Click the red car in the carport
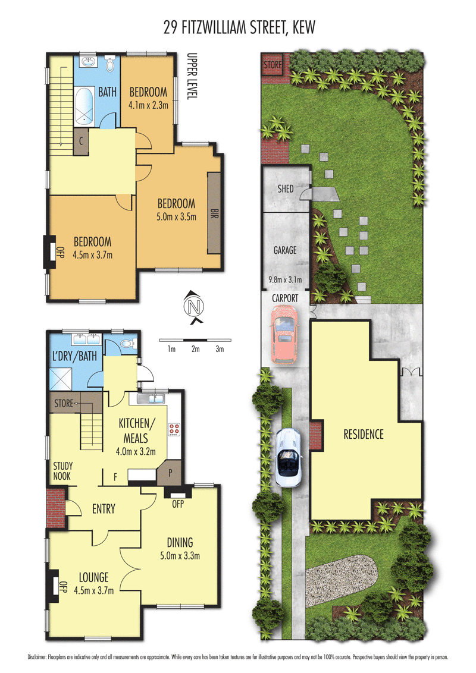coord(284,334)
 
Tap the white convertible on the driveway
coord(287,457)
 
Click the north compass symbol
coord(194,307)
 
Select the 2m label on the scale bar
coord(196,350)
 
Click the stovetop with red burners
coord(174,429)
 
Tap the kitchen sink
coord(151,399)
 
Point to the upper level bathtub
coord(84,106)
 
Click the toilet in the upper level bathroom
coord(111,64)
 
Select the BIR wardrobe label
coord(214,214)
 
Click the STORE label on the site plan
coord(273,65)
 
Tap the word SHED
coord(285,189)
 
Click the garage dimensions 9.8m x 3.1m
coord(285,280)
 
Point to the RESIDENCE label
coord(364,435)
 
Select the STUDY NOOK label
coord(62,471)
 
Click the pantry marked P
coord(170,473)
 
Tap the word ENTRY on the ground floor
coord(104,509)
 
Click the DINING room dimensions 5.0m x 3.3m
coord(180,556)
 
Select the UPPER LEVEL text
coord(192,77)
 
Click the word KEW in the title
coord(303,27)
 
